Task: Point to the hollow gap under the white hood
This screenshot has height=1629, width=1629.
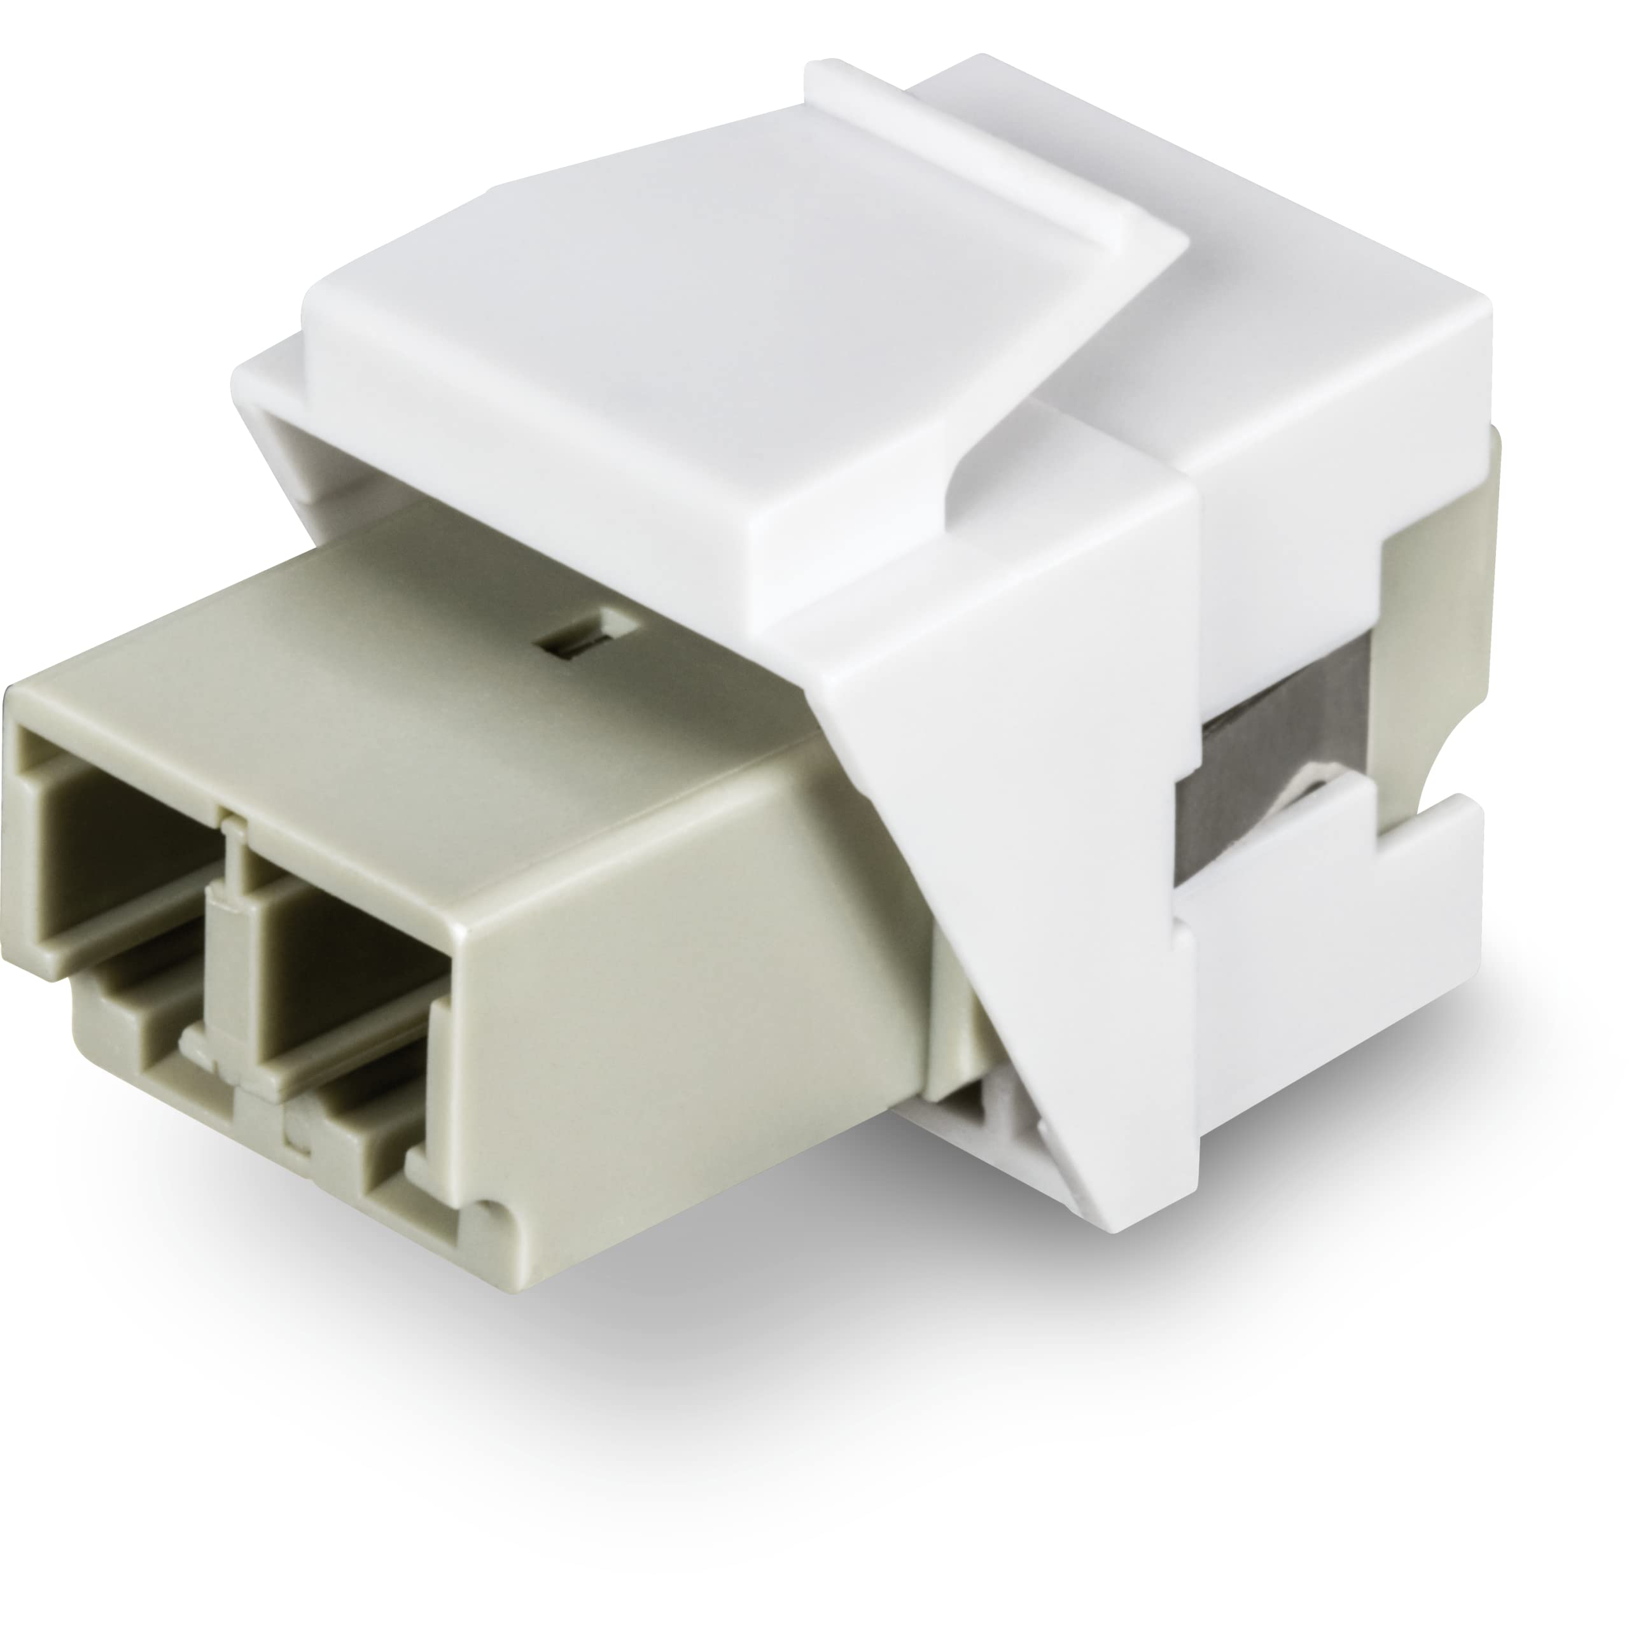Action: coord(354,472)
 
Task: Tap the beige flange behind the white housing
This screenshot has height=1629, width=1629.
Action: coord(1425,573)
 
